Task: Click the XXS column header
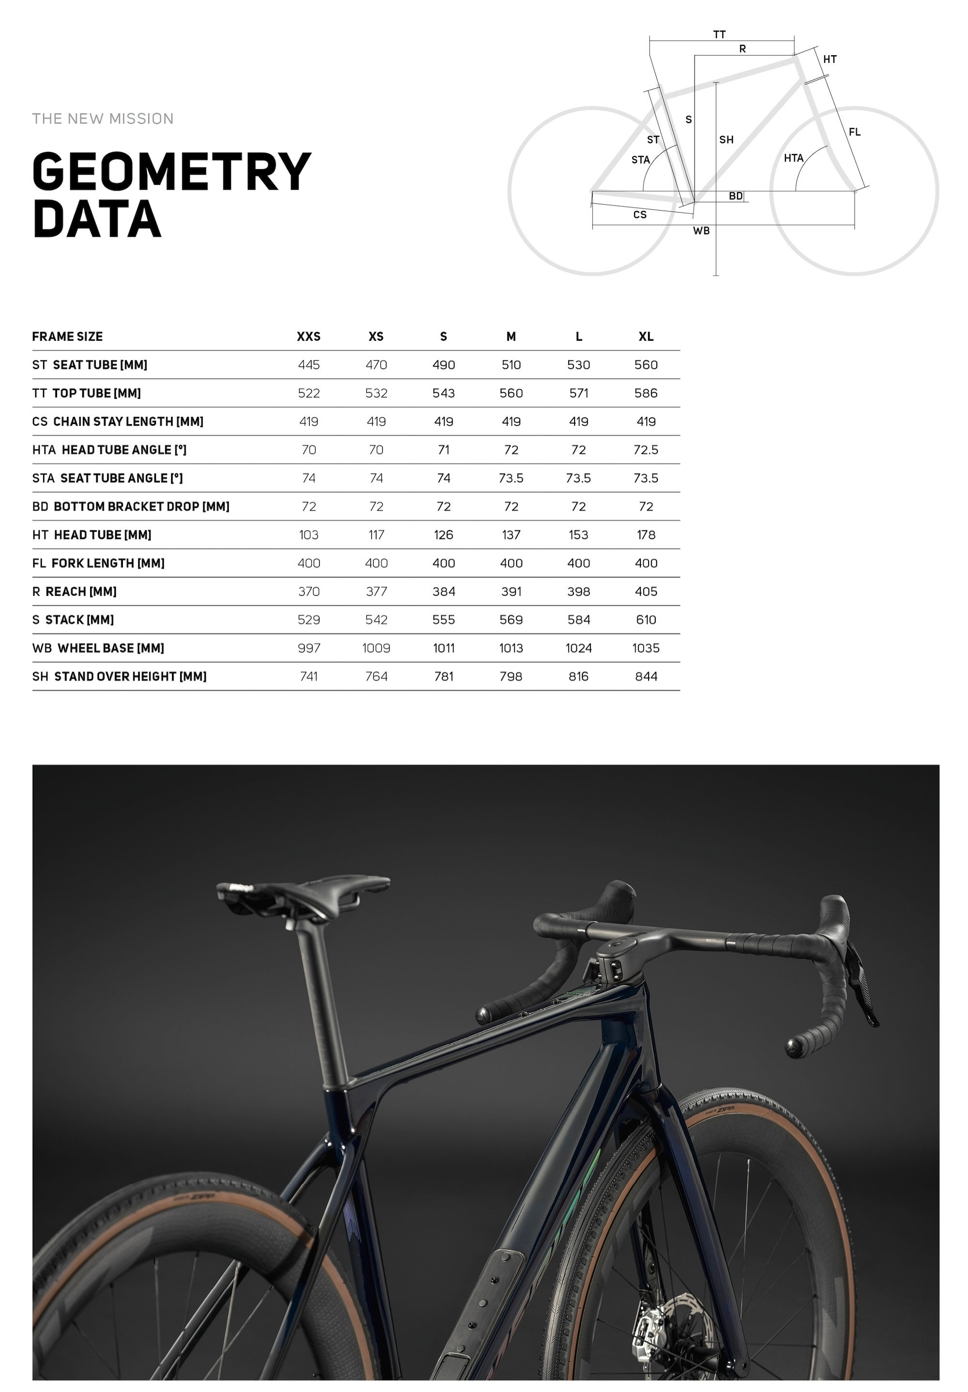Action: [x=308, y=337]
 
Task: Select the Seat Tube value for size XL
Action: [x=646, y=365]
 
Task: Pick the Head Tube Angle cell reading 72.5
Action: [x=646, y=450]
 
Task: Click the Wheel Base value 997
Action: [x=308, y=648]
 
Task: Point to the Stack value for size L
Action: [x=578, y=620]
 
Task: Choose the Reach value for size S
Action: [x=444, y=592]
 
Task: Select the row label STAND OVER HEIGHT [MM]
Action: [x=120, y=676]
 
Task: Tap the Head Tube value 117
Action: [x=376, y=535]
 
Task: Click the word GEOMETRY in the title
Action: [x=171, y=172]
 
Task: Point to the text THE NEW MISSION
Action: [x=103, y=119]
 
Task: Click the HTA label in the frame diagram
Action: [x=793, y=158]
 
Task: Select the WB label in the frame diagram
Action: [x=701, y=231]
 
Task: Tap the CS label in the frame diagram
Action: [x=639, y=214]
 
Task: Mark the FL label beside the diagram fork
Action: [x=854, y=132]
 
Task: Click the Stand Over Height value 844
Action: [x=646, y=676]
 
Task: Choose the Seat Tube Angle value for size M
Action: [x=511, y=478]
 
